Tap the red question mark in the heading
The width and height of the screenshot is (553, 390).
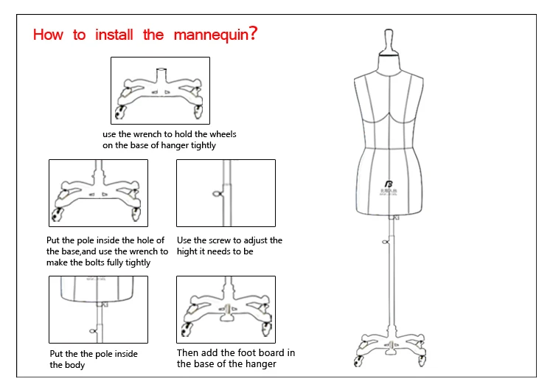tap(254, 34)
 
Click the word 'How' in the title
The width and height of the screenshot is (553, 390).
tap(49, 35)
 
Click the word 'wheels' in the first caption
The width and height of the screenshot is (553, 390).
tap(222, 135)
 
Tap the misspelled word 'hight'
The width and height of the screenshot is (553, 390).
tap(188, 251)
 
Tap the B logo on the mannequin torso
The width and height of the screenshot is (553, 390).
tap(389, 183)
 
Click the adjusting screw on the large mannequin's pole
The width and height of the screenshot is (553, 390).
tap(385, 243)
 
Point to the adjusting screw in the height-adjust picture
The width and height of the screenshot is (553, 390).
tap(217, 195)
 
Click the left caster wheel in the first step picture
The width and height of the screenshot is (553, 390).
tap(120, 113)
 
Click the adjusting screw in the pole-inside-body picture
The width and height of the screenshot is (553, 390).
tap(94, 330)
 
